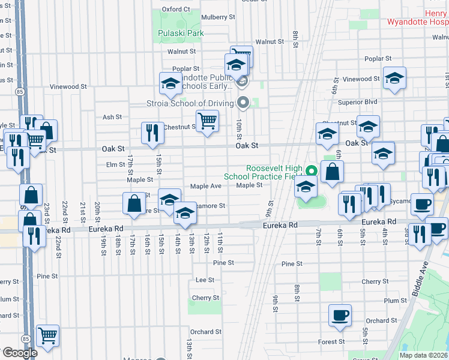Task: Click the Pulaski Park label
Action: (181, 33)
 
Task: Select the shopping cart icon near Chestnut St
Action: (207, 121)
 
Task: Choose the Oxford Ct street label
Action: (176, 10)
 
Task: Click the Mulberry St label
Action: (218, 17)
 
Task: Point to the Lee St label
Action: (205, 280)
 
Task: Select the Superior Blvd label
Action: (357, 102)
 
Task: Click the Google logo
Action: (20, 353)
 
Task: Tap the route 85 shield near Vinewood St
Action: (20, 92)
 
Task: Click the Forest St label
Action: (331, 341)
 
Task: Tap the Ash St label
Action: (112, 117)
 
